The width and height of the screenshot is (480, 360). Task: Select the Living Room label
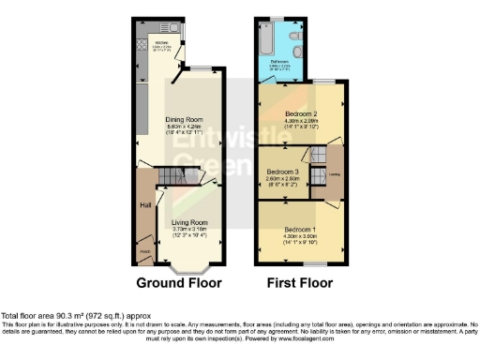click(190, 222)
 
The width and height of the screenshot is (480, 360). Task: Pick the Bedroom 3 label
click(283, 172)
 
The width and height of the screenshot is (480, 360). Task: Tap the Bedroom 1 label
click(302, 230)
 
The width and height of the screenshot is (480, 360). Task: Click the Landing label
click(334, 174)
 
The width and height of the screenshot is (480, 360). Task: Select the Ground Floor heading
click(179, 282)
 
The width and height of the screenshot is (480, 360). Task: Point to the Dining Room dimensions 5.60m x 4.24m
click(187, 127)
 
